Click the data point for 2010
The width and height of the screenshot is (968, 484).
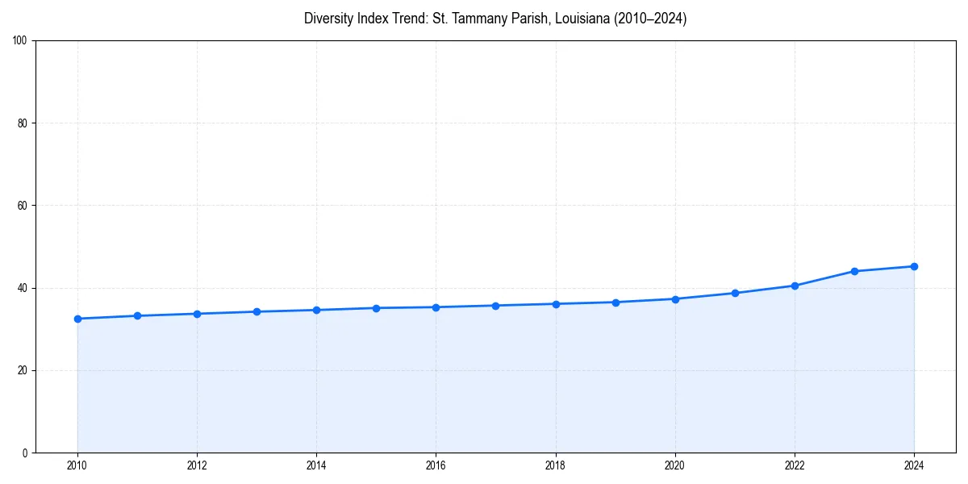click(77, 319)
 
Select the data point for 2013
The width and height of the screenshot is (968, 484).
click(257, 311)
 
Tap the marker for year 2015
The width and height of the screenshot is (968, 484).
click(376, 308)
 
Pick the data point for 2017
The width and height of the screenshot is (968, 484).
click(495, 306)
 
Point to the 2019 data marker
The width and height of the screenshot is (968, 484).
click(615, 302)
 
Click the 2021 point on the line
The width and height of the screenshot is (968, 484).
click(735, 293)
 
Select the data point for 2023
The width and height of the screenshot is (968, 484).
click(854, 271)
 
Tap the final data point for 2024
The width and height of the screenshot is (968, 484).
click(914, 266)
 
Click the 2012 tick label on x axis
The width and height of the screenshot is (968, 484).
click(197, 465)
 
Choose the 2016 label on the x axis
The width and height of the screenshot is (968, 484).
click(436, 465)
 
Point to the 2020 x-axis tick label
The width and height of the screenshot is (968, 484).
click(675, 465)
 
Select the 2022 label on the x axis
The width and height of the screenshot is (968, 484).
click(795, 465)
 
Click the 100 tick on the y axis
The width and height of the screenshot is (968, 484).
click(20, 41)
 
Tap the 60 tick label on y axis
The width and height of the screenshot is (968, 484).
click(23, 206)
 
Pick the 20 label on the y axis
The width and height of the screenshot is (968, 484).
click(23, 370)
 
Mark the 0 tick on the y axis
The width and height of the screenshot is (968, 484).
click(25, 453)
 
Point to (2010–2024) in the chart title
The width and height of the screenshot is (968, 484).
click(650, 19)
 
